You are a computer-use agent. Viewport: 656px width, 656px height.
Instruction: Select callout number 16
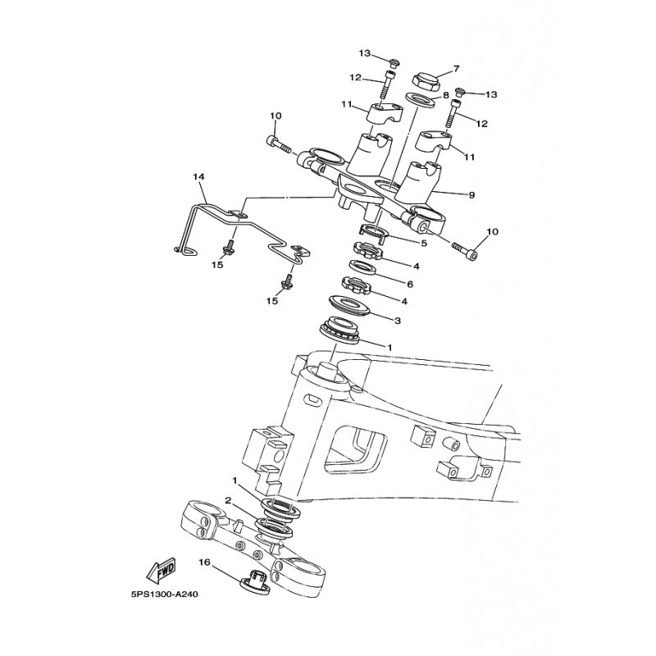pyautogui.click(x=204, y=563)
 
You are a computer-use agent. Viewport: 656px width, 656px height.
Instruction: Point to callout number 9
pyautogui.click(x=472, y=194)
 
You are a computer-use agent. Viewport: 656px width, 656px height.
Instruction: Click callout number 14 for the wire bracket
pyautogui.click(x=198, y=177)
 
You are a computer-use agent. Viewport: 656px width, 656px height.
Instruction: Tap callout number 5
pyautogui.click(x=424, y=243)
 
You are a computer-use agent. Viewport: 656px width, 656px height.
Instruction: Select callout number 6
pyautogui.click(x=410, y=284)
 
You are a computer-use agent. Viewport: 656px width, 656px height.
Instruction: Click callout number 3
pyautogui.click(x=398, y=321)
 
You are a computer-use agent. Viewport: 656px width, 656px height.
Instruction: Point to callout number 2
pyautogui.click(x=228, y=500)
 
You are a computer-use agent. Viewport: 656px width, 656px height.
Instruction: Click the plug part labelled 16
pyautogui.click(x=256, y=581)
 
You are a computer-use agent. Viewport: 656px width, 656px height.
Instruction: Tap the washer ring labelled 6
pyautogui.click(x=363, y=268)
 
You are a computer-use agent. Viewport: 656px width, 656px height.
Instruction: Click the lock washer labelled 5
pyautogui.click(x=375, y=233)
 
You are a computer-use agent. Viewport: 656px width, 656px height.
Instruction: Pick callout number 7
pyautogui.click(x=456, y=68)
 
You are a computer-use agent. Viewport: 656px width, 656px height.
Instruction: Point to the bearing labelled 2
pyautogui.click(x=275, y=529)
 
